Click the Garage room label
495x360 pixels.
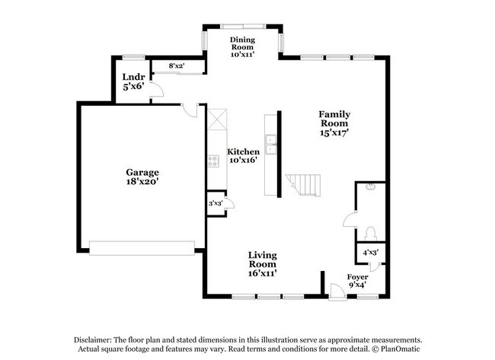pyautogui.click(x=142, y=172)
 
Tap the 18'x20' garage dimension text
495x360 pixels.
pyautogui.click(x=142, y=183)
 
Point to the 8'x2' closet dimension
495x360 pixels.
pyautogui.click(x=177, y=67)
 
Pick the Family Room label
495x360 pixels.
pyautogui.click(x=334, y=119)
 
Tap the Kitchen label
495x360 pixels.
pyautogui.click(x=244, y=151)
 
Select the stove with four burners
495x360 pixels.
pyautogui.click(x=213, y=161)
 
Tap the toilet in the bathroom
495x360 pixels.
pyautogui.click(x=371, y=232)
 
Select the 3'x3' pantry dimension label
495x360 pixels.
pyautogui.click(x=216, y=203)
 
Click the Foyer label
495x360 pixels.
pyautogui.click(x=357, y=276)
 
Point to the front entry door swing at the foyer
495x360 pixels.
pyautogui.click(x=333, y=288)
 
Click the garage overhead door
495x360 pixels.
pyautogui.click(x=142, y=247)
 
